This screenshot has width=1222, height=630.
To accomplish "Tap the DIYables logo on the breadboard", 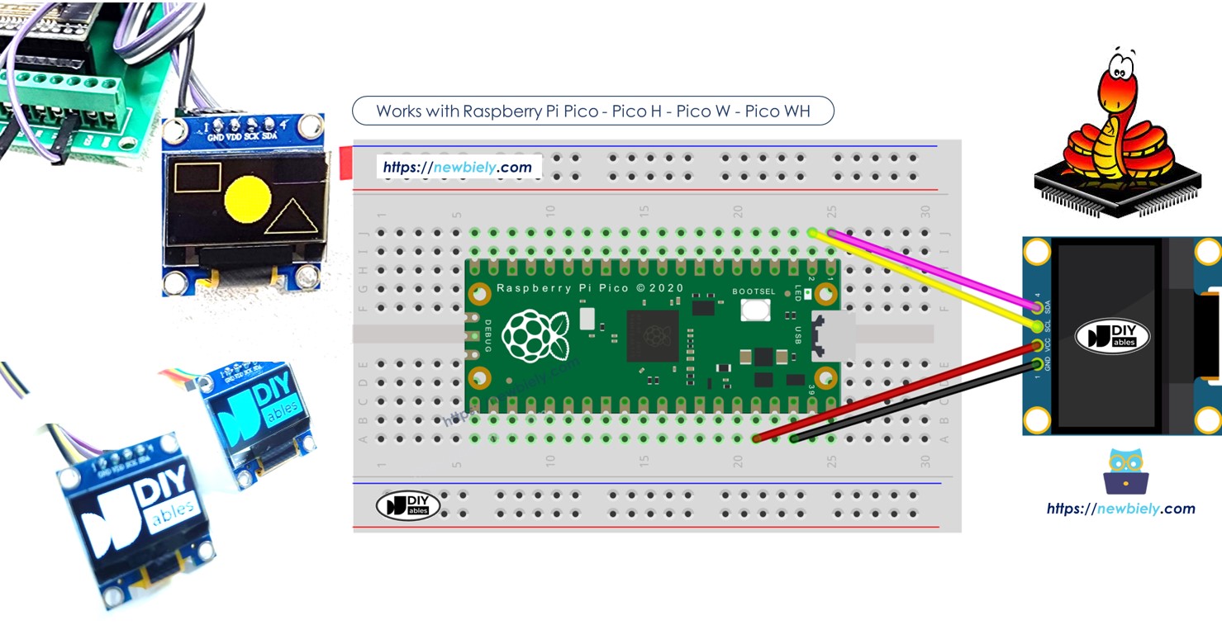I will coord(408,505).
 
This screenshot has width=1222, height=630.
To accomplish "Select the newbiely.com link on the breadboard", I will coord(457,168).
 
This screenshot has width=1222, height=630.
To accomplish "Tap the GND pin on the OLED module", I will coord(1037,364).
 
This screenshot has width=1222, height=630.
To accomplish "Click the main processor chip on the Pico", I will coord(652,335).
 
